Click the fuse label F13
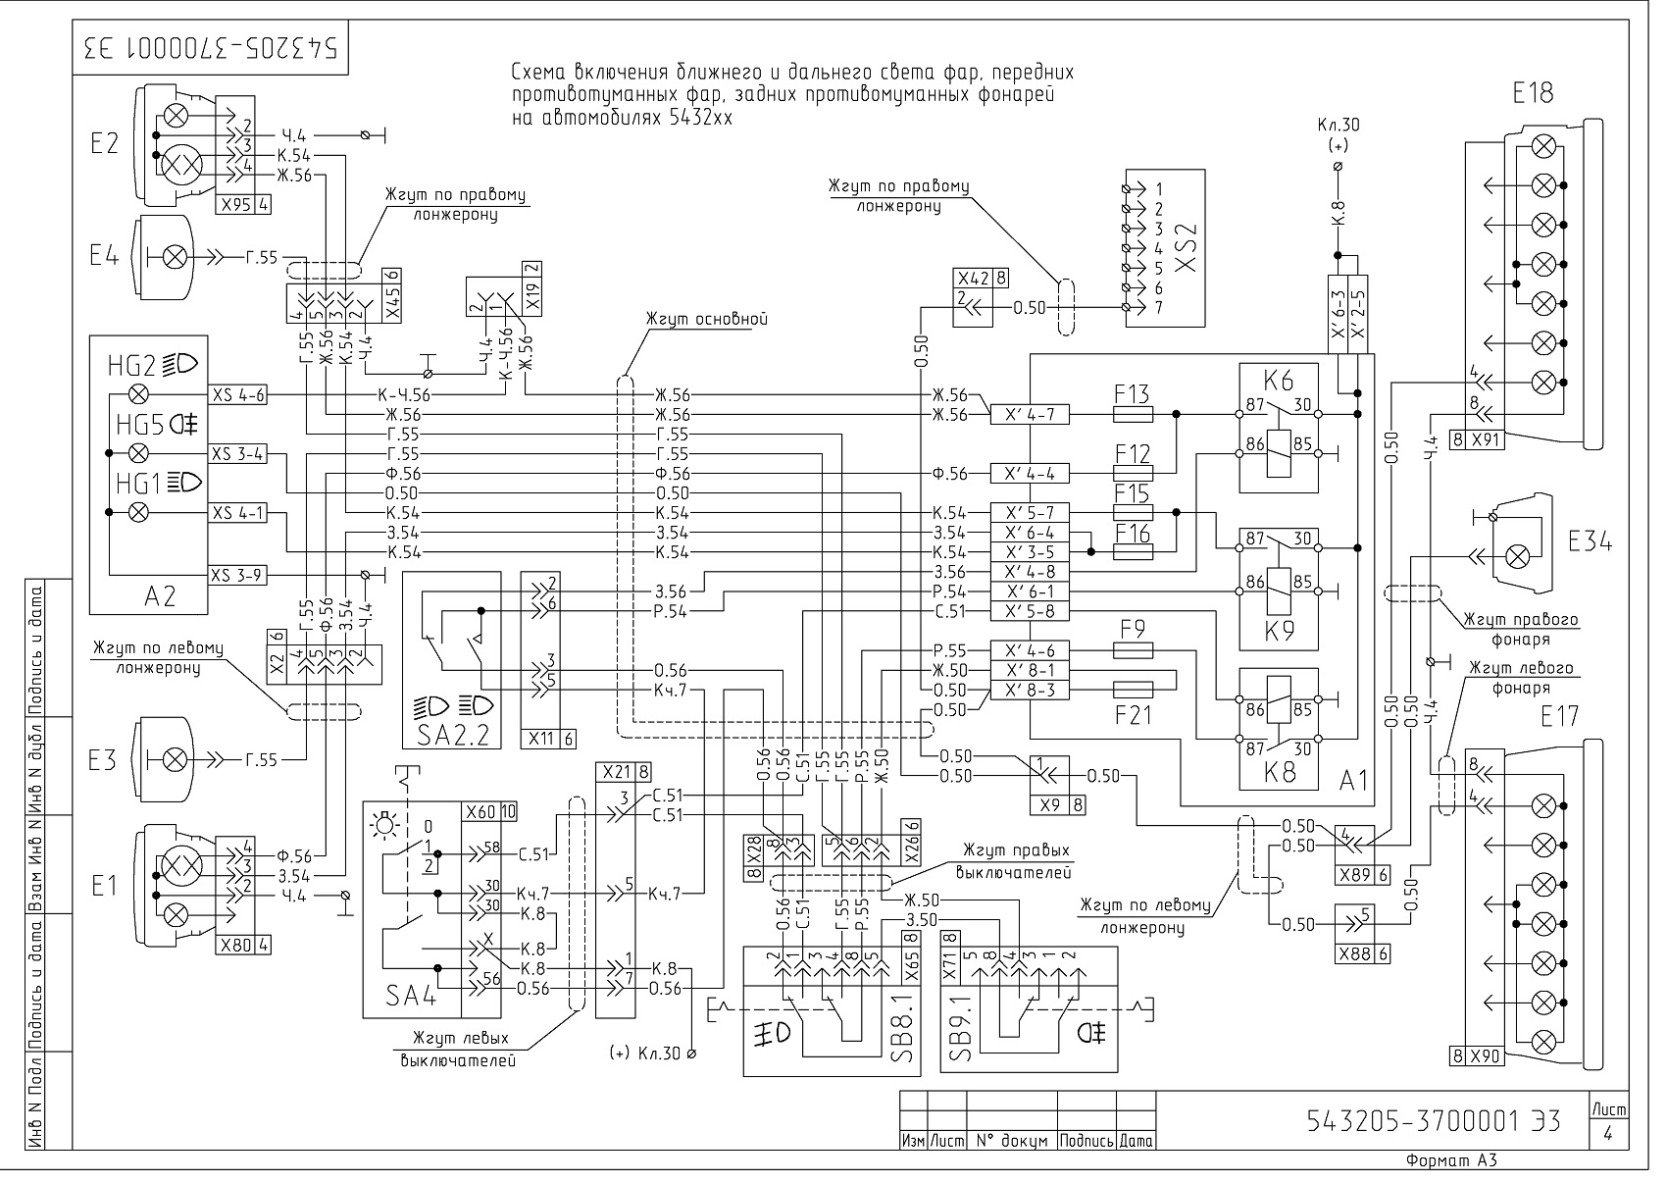pos(1132,393)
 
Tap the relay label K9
pos(1280,632)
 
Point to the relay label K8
pos(1280,773)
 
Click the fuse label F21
pos(1133,715)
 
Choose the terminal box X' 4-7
pos(1030,415)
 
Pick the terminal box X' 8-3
pos(1030,691)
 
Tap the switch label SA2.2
pos(452,735)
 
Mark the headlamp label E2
pos(104,143)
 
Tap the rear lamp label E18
pos(1533,93)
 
